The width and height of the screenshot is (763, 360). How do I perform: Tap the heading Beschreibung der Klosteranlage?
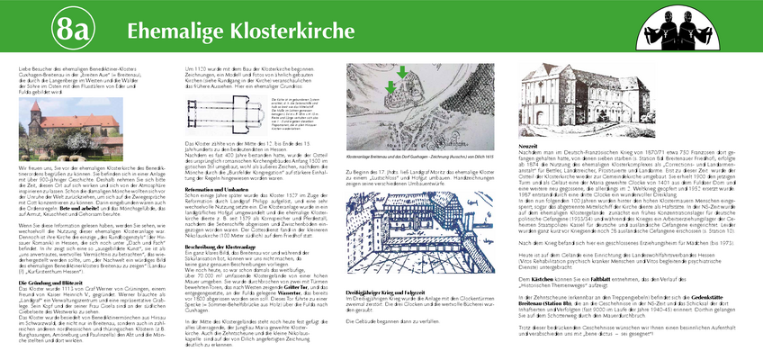coord(224,220)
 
